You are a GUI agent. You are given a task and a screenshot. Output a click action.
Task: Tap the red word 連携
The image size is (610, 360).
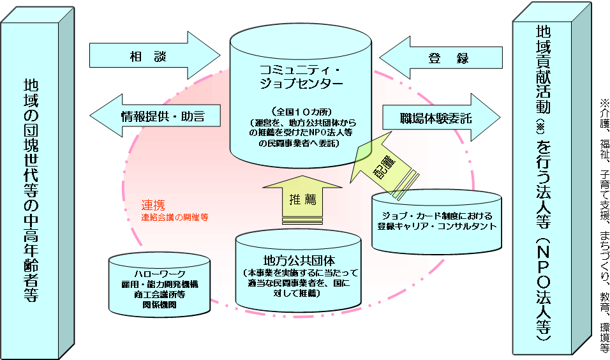(153, 205)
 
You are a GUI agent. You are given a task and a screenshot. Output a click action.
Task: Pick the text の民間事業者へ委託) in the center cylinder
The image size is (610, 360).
(301, 144)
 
